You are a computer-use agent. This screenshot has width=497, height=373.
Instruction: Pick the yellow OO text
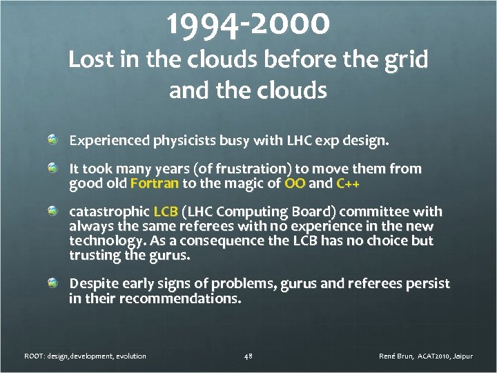click(x=294, y=184)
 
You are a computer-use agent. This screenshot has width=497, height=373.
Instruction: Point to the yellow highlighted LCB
click(x=165, y=211)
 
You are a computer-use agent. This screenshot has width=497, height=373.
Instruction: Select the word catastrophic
click(x=108, y=211)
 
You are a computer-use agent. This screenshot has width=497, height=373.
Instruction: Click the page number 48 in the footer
click(x=248, y=356)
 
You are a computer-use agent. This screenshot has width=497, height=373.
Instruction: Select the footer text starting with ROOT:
click(x=85, y=356)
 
